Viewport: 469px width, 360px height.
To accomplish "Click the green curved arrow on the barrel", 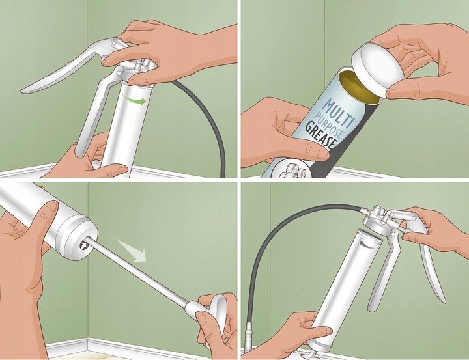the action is (x=135, y=100).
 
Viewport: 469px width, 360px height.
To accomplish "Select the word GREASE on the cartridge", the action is (x=320, y=137).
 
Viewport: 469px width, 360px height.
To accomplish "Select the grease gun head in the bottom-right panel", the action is (x=380, y=220).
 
